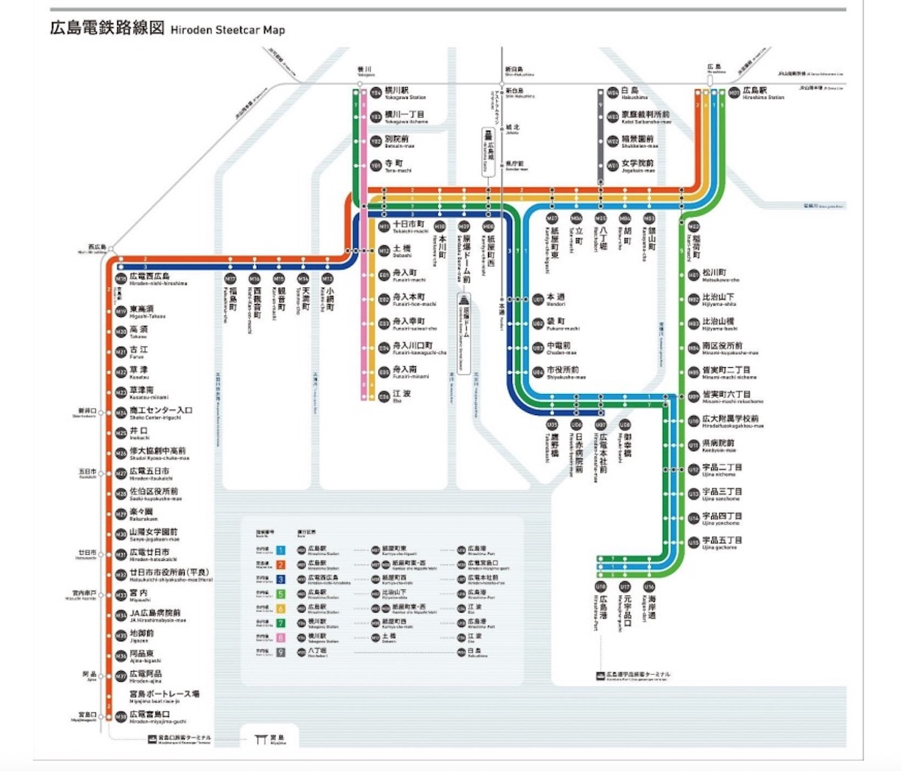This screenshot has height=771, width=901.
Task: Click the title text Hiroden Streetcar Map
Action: (x=228, y=30)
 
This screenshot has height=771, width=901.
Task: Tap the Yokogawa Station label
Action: (x=405, y=93)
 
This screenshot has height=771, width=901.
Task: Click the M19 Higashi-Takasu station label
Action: (x=147, y=312)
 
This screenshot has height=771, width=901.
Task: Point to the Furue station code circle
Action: (x=121, y=352)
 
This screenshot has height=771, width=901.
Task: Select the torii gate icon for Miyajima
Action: (x=261, y=739)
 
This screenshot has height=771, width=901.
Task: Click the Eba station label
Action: (x=402, y=396)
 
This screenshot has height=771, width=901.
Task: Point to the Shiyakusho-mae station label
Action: (x=562, y=372)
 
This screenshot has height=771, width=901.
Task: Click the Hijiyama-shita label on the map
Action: (x=719, y=300)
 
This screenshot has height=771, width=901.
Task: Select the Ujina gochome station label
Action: (x=722, y=543)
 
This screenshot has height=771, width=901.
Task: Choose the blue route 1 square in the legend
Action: (x=281, y=550)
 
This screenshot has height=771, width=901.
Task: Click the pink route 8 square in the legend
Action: (x=281, y=637)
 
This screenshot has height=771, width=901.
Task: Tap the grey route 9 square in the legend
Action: (x=281, y=652)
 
